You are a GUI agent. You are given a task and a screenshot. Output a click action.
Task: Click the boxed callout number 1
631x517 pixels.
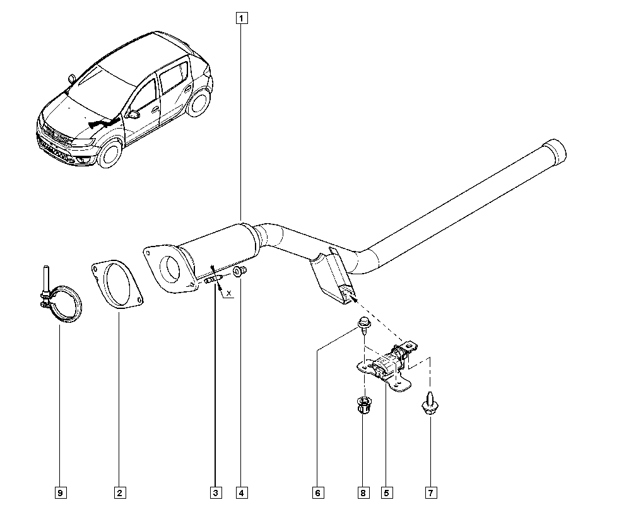[242, 18]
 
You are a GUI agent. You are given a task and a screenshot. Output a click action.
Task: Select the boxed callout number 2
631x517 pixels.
[119, 493]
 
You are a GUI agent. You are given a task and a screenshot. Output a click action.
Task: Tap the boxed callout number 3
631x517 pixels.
[216, 493]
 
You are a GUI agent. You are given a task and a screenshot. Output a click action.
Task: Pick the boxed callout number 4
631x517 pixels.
[242, 493]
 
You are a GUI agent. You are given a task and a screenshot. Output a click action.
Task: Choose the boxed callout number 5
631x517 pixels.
[387, 493]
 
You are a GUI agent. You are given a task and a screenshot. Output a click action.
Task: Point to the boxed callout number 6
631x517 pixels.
[317, 493]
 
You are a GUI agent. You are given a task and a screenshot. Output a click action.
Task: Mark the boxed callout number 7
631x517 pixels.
[430, 493]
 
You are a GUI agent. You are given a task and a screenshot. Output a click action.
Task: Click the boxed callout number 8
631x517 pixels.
[363, 493]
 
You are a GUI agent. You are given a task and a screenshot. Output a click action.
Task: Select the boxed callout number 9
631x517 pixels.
[61, 493]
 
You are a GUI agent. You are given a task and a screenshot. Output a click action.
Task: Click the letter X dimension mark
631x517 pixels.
[229, 293]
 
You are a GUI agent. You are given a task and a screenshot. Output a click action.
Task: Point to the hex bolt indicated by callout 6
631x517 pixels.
[364, 325]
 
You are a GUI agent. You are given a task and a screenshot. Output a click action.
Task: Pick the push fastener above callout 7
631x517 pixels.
[430, 402]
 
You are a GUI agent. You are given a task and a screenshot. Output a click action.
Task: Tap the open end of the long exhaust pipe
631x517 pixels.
[555, 153]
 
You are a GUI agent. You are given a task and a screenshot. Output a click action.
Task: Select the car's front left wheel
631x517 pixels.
[110, 154]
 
